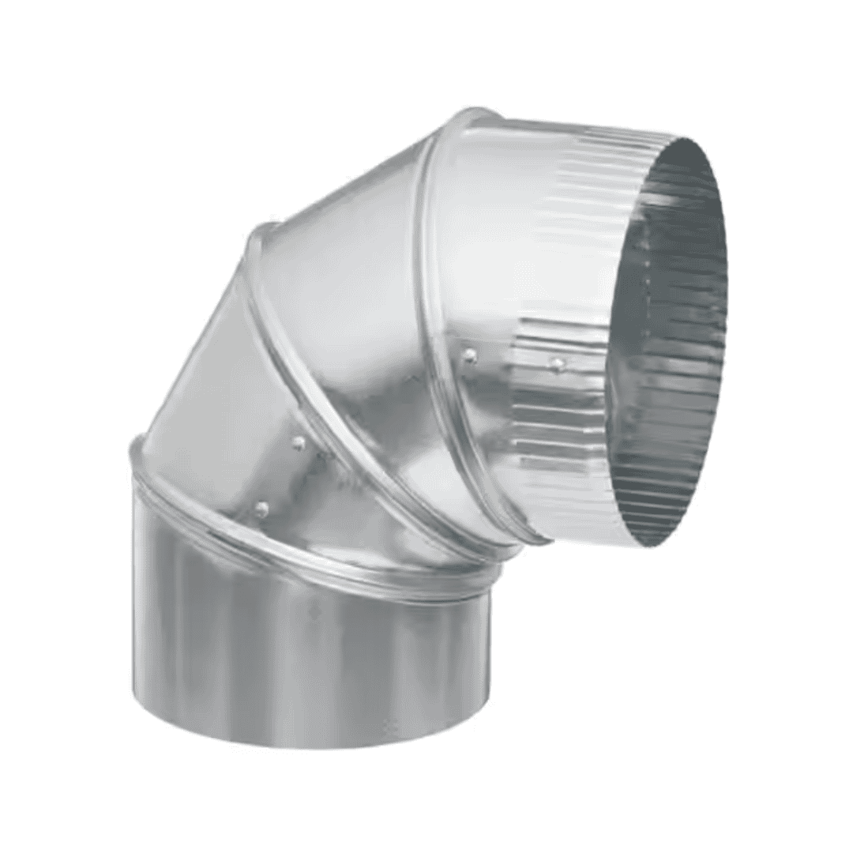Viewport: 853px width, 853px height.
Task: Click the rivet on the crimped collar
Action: [558, 364]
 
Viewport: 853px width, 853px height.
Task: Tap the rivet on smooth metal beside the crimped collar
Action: [470, 356]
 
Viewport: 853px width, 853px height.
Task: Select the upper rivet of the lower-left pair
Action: [299, 444]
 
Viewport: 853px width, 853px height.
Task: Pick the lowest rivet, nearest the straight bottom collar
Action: [261, 509]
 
